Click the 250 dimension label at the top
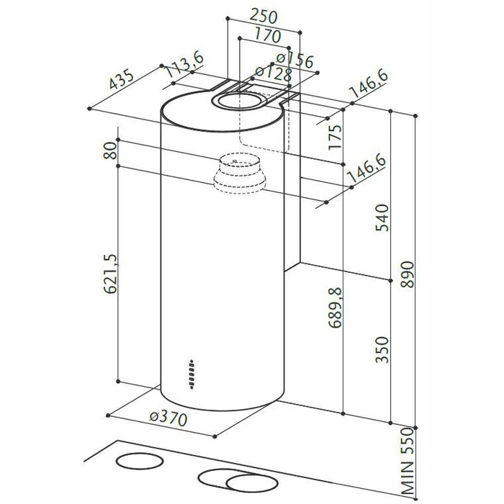point(264,17)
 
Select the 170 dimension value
point(268,36)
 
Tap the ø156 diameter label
point(294,60)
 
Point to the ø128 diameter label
point(274,73)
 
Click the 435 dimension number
point(121,79)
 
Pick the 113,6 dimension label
point(184,65)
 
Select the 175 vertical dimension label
point(335,136)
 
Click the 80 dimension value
point(110,150)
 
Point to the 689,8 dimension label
point(336,307)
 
